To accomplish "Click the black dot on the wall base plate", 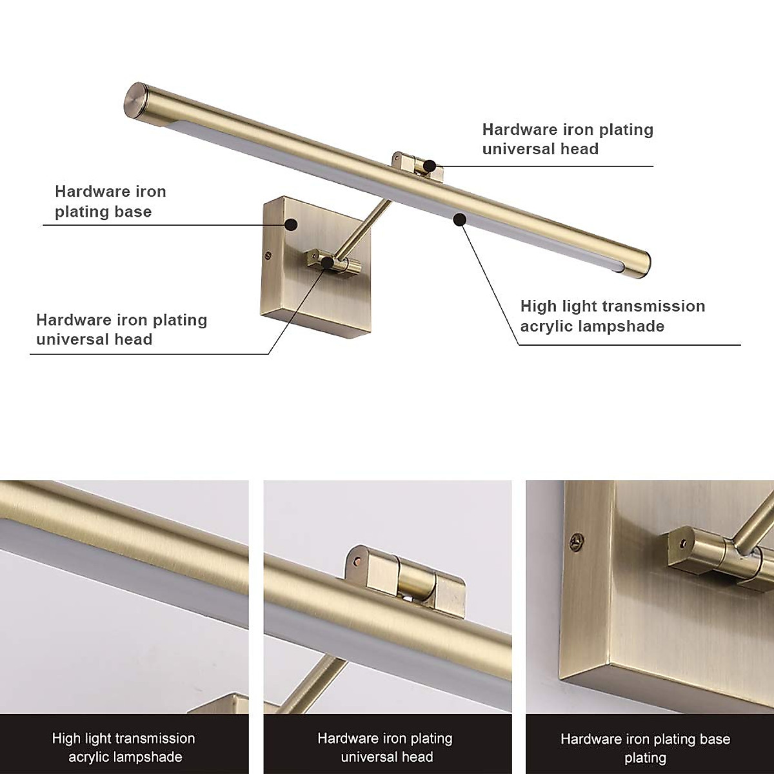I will click(292, 224).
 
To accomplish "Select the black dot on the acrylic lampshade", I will click(459, 220).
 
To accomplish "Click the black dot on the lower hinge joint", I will click(328, 262).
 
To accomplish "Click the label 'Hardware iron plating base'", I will click(110, 201).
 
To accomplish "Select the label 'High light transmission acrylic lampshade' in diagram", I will click(612, 315).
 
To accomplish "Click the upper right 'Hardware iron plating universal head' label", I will click(568, 139).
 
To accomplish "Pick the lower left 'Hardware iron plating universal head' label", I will click(121, 330).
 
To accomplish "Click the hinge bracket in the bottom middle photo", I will click(406, 574).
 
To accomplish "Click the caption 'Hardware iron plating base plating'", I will click(645, 748).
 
